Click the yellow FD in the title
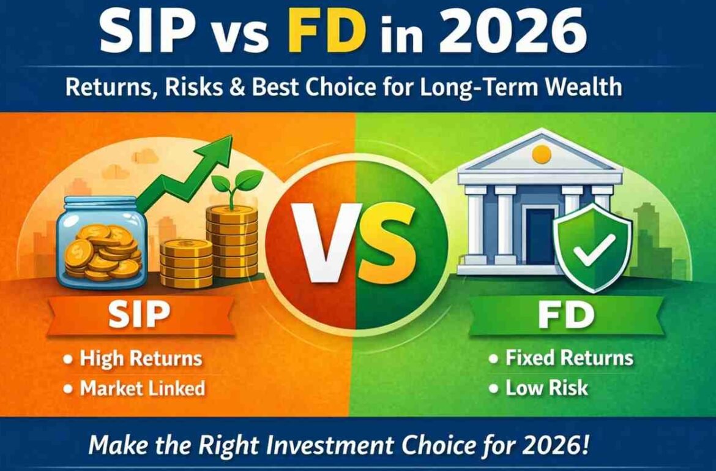[x=321, y=32]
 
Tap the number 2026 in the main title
[x=512, y=32]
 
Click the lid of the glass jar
[x=100, y=200]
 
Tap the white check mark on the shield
[x=594, y=249]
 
